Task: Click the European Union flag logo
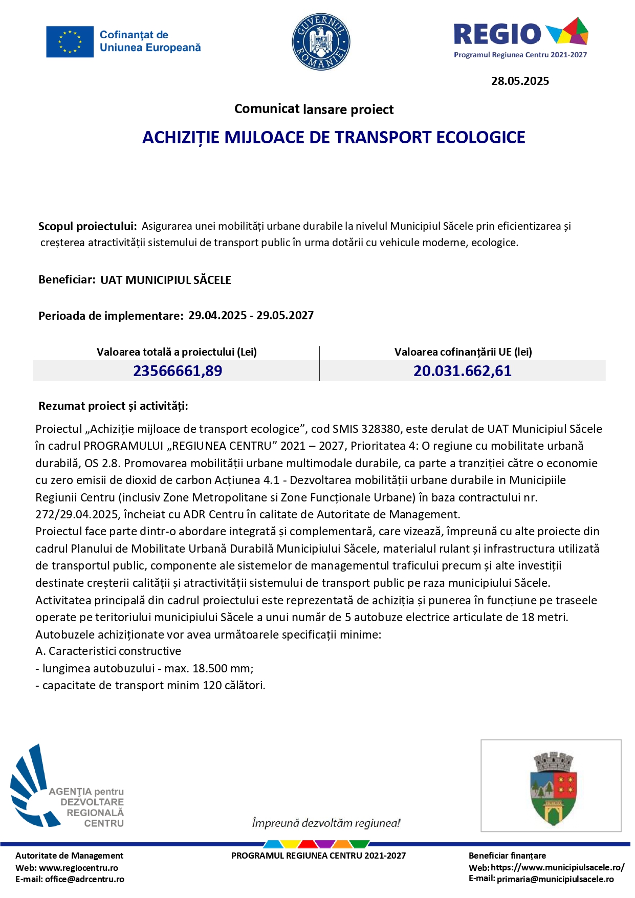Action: pos(70,41)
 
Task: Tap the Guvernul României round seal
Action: pos(321,41)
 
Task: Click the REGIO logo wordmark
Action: pos(497,34)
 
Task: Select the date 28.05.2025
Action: pos(520,81)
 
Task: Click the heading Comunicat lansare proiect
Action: pos(314,109)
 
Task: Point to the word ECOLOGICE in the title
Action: pos(480,137)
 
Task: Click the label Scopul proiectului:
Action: pos(87,226)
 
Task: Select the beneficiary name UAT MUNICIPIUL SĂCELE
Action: pos(166,280)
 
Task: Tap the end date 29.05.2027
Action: pos(285,315)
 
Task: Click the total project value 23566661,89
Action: pos(178,371)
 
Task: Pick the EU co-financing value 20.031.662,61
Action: pos(463,371)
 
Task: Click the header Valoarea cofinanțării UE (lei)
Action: pos(463,352)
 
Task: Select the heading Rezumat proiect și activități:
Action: pos(113,406)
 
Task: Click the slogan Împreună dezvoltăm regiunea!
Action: pos(326,823)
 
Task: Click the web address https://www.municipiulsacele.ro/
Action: pos(557,867)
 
